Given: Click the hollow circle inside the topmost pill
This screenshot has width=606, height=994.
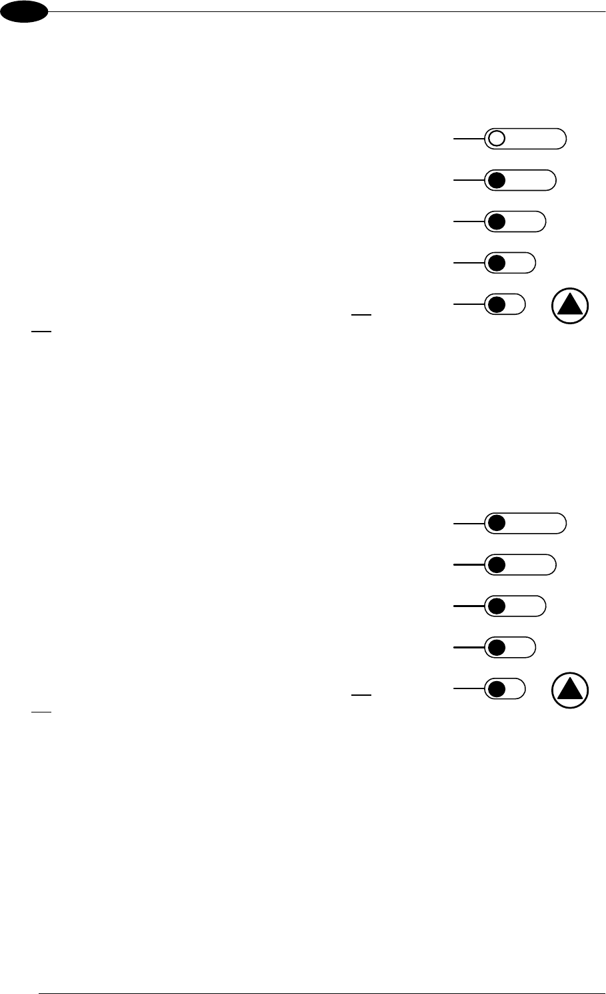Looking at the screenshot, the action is point(496,139).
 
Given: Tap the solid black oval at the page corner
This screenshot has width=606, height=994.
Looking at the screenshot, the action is point(25,11).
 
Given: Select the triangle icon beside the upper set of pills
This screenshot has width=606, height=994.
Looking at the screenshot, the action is point(571,306).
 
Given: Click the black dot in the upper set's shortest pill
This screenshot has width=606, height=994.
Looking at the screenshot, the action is point(495,304).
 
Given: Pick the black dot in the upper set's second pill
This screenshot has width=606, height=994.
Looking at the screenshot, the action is point(495,180).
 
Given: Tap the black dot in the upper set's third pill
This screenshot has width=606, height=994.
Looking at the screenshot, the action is point(495,221).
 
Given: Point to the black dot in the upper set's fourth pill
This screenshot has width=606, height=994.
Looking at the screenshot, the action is point(495,263).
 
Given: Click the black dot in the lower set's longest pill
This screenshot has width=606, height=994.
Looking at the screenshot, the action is point(495,524).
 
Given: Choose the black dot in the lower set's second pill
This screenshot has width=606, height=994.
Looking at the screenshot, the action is point(495,565).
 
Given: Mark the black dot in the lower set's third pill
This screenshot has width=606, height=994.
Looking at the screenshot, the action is point(495,606).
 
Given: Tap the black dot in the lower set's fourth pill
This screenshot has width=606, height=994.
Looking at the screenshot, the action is point(495,648).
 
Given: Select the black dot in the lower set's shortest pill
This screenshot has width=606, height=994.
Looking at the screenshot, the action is point(495,688).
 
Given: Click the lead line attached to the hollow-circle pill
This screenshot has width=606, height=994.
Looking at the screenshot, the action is point(469,139).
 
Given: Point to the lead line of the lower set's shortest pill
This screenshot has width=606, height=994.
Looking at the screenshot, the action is point(469,688).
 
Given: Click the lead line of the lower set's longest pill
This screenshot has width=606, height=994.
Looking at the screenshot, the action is point(469,524).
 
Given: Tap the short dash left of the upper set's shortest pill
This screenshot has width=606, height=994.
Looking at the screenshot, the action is point(361,312).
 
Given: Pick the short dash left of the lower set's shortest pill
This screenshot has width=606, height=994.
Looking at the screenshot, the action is point(361,696).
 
